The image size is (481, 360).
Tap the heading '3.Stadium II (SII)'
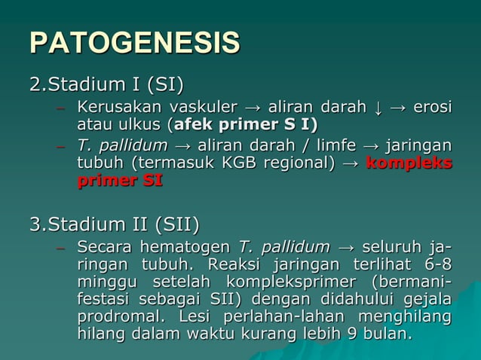pos(114,224)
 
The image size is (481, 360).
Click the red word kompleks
pos(409,163)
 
